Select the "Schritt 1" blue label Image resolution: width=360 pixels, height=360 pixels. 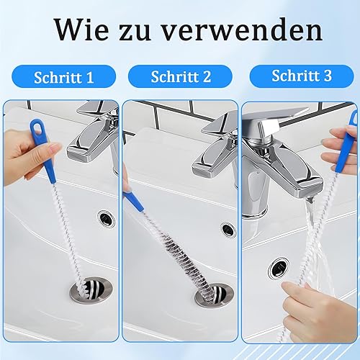point(64,76)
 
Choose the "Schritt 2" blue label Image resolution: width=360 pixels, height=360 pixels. point(180,76)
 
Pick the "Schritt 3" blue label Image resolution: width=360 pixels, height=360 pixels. point(302,76)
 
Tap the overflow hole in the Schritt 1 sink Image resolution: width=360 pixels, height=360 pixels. point(106,218)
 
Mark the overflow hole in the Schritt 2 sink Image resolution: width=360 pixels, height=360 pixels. point(228,230)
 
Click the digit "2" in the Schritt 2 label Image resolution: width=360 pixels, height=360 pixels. point(207,77)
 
